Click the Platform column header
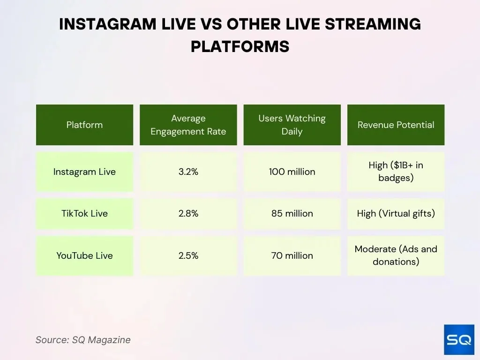tap(84, 125)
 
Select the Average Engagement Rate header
tap(188, 125)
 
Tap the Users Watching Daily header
tap(292, 125)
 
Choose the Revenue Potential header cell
tap(396, 125)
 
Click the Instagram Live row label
tap(84, 172)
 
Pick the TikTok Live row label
tap(84, 213)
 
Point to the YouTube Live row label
tap(84, 255)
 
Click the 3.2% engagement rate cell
tap(188, 172)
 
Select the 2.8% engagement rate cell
tap(188, 213)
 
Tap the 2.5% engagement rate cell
tap(188, 255)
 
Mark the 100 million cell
tap(292, 172)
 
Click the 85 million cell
tap(292, 213)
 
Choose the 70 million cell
tap(292, 255)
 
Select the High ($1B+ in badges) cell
tap(396, 172)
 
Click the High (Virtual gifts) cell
tap(396, 213)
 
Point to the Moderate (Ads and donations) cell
tap(396, 255)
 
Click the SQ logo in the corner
tap(459, 339)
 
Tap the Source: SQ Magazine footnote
tap(83, 340)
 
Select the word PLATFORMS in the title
tap(240, 46)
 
